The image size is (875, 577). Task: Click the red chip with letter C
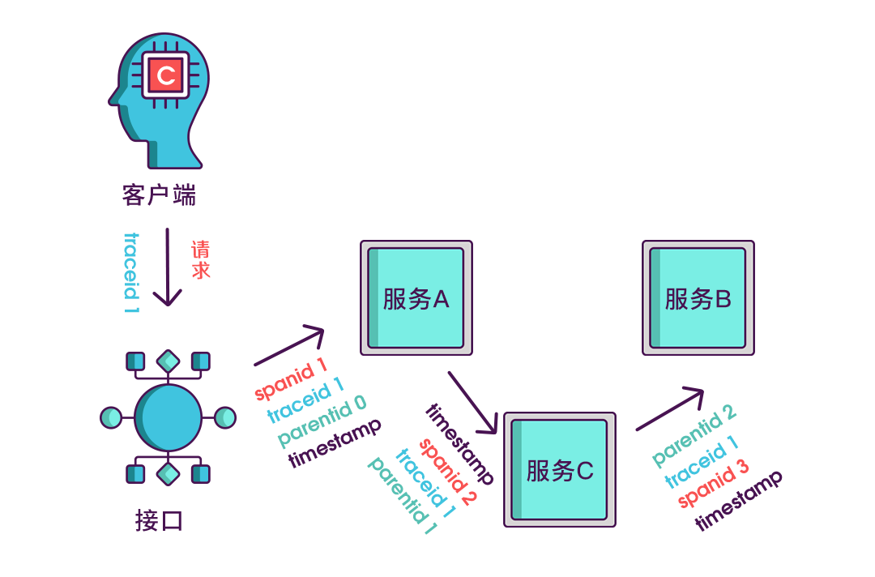click(x=166, y=76)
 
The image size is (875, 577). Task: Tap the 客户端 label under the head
click(x=160, y=195)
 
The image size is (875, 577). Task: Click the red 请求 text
click(x=200, y=260)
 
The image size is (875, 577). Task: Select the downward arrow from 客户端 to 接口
click(x=168, y=267)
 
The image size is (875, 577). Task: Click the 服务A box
click(x=416, y=297)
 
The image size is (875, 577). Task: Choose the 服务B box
click(x=698, y=297)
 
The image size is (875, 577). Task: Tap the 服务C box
click(x=560, y=470)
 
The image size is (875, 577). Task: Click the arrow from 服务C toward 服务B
click(x=670, y=409)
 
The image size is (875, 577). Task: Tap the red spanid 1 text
click(x=291, y=379)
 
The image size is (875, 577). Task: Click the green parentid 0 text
click(x=322, y=422)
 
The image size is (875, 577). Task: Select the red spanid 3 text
click(x=714, y=484)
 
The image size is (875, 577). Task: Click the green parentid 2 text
click(x=694, y=436)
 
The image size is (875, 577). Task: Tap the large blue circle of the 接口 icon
click(x=168, y=417)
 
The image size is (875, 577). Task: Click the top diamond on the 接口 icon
click(x=168, y=360)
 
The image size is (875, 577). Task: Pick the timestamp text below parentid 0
click(x=334, y=443)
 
